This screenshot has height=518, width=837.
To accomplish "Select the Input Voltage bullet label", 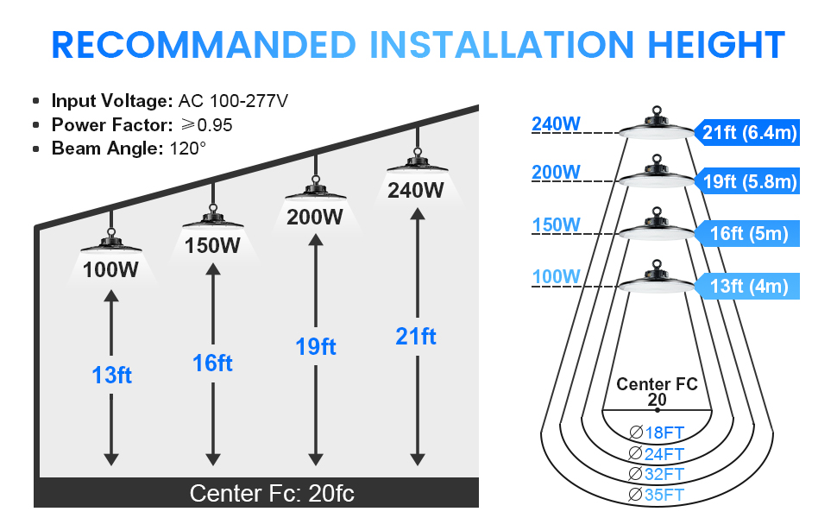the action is pyautogui.click(x=112, y=100).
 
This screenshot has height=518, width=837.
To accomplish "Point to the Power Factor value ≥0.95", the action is pyautogui.click(x=204, y=124).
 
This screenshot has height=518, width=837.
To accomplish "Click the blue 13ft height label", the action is pyautogui.click(x=111, y=376).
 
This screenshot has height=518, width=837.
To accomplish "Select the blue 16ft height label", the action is pyautogui.click(x=212, y=363).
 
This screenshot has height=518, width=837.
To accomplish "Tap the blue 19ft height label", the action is pyautogui.click(x=315, y=347).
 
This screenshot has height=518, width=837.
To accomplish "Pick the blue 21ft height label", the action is pyautogui.click(x=416, y=336).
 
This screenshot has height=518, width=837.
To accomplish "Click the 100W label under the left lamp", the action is pyautogui.click(x=110, y=268).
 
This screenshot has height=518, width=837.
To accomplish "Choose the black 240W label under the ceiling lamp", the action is pyautogui.click(x=415, y=189).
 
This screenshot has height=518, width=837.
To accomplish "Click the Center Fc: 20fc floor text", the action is pyautogui.click(x=272, y=493).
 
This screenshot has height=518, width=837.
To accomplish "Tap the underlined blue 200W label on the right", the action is pyautogui.click(x=556, y=172).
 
